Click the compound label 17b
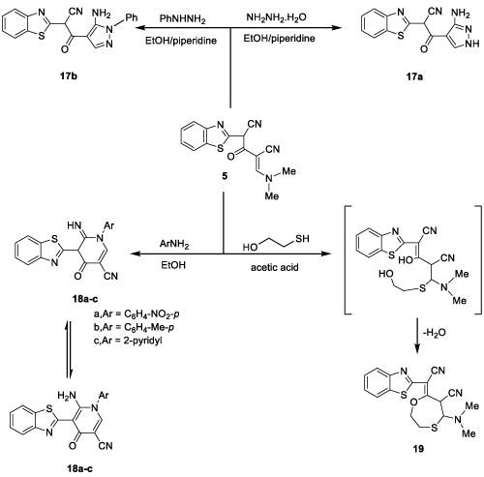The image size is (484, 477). point(69,76)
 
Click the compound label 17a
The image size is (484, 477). point(414,76)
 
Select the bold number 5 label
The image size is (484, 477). point(225,176)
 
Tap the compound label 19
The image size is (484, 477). point(418,448)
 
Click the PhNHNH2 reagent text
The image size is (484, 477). point(183,19)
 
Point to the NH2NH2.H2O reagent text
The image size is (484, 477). point(276,17)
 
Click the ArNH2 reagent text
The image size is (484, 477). point(174,245)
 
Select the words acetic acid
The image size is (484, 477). point(275,267)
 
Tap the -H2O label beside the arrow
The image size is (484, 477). point(434,333)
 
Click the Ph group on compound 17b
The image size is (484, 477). point(131,17)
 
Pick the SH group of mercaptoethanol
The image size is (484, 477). point(302,239)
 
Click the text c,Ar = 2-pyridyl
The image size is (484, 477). point(128,341)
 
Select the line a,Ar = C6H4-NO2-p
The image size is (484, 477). point(136,314)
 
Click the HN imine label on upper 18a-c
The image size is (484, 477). point(75,225)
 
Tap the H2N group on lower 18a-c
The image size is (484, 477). point(67,396)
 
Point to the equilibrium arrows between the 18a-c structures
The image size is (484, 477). point(68,349)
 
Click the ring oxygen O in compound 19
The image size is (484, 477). point(413,403)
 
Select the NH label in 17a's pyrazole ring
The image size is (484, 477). point(473,45)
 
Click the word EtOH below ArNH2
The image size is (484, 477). point(173,265)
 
